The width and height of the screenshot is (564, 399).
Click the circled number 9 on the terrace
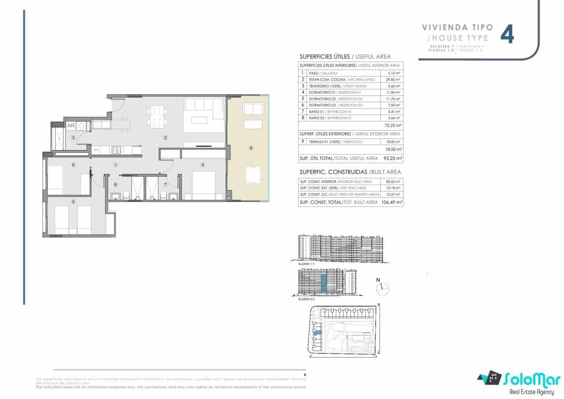251,148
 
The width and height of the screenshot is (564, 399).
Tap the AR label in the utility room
70,125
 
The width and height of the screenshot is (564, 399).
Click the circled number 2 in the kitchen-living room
165,138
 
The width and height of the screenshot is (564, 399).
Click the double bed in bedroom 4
203,183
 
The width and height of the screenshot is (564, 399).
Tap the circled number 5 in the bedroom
73,201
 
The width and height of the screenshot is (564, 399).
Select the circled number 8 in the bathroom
115,185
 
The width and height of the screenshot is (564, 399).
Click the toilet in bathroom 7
163,195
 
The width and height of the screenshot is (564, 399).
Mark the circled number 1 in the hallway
115,165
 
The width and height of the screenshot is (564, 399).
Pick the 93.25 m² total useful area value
393,158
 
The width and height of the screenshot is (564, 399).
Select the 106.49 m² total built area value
392,202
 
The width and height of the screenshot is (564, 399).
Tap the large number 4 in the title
508,35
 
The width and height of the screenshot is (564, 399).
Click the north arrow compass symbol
383,287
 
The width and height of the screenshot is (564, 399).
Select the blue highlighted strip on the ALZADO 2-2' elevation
323,283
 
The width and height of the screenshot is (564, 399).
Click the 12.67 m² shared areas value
393,195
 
